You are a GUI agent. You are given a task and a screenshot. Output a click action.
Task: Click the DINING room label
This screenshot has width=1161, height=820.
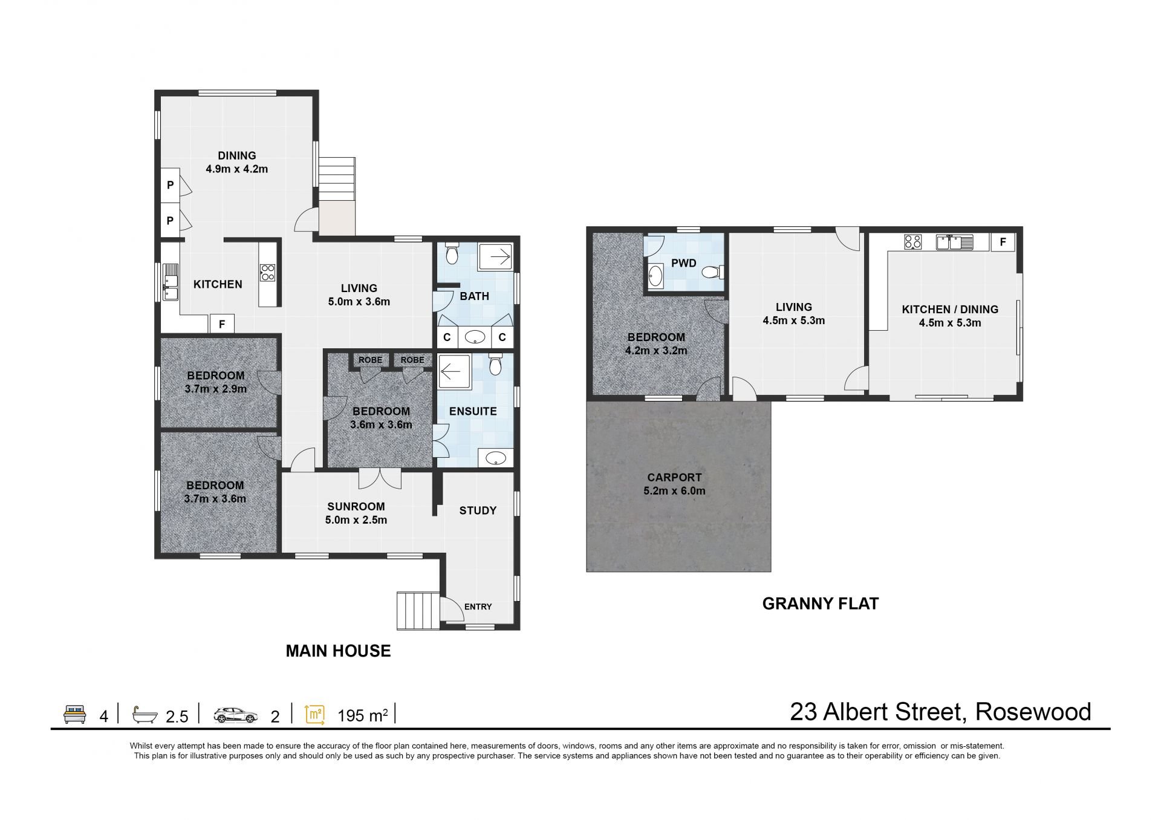click(237, 156)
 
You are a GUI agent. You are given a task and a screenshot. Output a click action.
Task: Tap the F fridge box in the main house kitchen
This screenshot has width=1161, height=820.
click(222, 324)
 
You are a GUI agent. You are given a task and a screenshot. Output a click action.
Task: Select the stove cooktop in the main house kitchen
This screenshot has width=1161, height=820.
click(267, 273)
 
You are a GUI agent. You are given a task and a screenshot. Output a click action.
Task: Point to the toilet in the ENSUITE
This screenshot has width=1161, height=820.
click(495, 364)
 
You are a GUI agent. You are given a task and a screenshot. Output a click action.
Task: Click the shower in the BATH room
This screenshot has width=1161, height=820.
click(495, 257)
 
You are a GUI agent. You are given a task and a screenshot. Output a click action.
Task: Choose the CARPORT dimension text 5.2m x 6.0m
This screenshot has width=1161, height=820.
click(674, 491)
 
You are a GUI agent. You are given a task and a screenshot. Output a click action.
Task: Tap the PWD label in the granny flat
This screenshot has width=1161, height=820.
click(684, 263)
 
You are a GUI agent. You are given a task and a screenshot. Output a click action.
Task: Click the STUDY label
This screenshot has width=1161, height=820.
click(478, 510)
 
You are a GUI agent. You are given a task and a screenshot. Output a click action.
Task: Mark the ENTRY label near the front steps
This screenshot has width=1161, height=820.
click(478, 607)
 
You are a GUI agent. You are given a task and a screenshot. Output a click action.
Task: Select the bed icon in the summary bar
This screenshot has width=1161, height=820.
click(75, 714)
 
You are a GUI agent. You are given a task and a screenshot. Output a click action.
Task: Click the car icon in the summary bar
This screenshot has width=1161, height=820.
click(235, 715)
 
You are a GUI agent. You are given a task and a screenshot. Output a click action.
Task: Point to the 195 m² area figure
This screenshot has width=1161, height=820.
click(362, 716)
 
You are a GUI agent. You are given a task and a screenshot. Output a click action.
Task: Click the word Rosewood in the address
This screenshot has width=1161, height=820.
click(1033, 712)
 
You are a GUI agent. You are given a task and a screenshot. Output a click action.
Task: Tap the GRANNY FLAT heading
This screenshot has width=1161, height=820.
click(821, 604)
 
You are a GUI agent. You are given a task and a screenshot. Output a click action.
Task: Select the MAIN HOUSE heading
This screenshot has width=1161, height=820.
click(338, 651)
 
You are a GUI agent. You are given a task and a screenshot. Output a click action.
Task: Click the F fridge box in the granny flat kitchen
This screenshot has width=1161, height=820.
click(1003, 242)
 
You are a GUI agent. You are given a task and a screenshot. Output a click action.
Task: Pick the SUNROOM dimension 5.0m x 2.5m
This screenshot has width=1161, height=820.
click(356, 520)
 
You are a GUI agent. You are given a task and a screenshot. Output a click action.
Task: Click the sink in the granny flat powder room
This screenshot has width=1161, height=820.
click(655, 276)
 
